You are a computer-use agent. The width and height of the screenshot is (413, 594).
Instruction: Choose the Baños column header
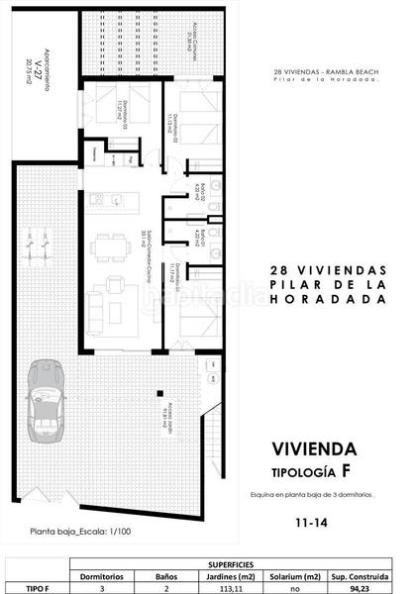(165, 574)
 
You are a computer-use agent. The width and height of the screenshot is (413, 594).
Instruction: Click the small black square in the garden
(155, 389)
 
